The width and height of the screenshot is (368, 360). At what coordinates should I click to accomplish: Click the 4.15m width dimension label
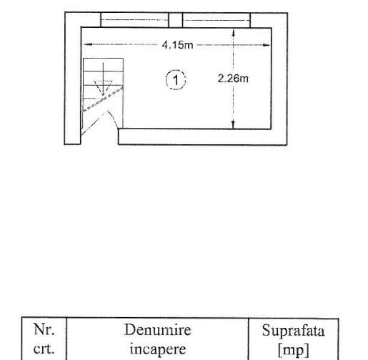[x=177, y=45]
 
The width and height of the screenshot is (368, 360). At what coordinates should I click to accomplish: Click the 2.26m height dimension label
[x=233, y=79]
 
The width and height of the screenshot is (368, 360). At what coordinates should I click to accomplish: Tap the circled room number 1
[x=176, y=80]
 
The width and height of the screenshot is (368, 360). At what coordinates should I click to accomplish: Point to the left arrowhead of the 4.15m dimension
[x=87, y=44]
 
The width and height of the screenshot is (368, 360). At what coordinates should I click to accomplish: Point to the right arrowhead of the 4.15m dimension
[x=266, y=45]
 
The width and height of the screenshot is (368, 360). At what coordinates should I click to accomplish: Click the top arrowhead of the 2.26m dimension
[x=234, y=33]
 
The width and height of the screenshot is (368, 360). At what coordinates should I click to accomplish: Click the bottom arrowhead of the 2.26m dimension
[x=233, y=125]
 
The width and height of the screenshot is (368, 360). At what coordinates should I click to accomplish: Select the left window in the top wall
[x=134, y=20]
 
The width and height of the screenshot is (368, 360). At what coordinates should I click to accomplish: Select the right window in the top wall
[x=217, y=20]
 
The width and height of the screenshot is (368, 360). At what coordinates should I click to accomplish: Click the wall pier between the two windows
[x=176, y=20]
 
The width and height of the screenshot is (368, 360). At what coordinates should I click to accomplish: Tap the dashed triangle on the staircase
[x=103, y=88]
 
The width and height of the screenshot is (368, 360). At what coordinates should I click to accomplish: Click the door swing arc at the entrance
[x=114, y=119]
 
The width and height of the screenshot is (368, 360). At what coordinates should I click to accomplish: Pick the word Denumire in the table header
[x=158, y=330]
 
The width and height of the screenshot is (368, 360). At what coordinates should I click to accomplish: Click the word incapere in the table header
[x=158, y=349]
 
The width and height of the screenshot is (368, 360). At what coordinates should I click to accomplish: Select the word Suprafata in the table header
[x=293, y=331]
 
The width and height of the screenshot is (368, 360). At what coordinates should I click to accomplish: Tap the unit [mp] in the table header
[x=294, y=350]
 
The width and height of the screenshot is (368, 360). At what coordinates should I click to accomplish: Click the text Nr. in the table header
[x=44, y=329]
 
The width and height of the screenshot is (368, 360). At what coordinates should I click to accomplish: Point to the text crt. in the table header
[x=44, y=349]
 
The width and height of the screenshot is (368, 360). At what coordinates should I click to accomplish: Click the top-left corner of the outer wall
[x=65, y=12]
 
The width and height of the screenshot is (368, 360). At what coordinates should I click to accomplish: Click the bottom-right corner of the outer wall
[x=287, y=144]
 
